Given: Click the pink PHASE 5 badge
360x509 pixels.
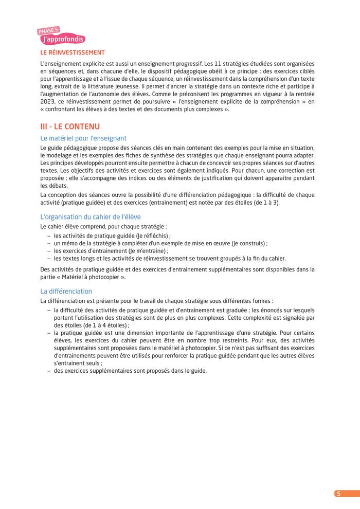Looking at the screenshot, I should (48, 31).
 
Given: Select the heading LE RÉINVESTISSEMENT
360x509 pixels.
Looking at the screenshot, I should (73, 52).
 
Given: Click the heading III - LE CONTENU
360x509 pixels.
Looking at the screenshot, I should (70, 126).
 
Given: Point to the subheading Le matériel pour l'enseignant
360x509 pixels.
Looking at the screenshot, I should (83, 138).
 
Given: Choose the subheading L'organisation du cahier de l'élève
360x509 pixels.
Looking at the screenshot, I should (90, 217).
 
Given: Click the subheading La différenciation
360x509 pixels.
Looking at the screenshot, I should (66, 291).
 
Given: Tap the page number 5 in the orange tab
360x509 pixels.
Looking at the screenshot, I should (338, 494).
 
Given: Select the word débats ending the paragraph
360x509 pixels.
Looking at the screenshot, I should (58, 186).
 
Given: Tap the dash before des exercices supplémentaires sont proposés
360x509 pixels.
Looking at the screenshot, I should (48, 370).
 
